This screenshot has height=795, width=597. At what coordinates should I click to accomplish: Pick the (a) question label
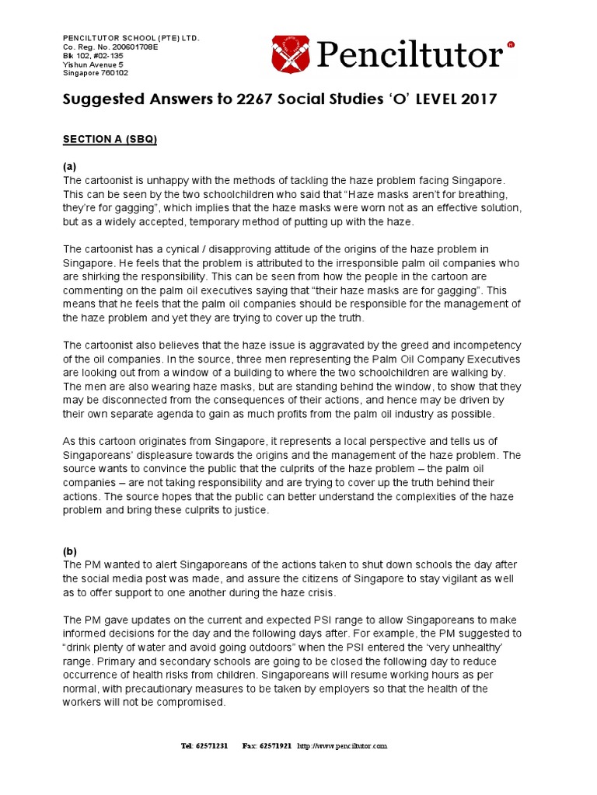[x=69, y=166]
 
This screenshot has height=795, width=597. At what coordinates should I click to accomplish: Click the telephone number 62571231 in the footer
[x=211, y=745]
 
